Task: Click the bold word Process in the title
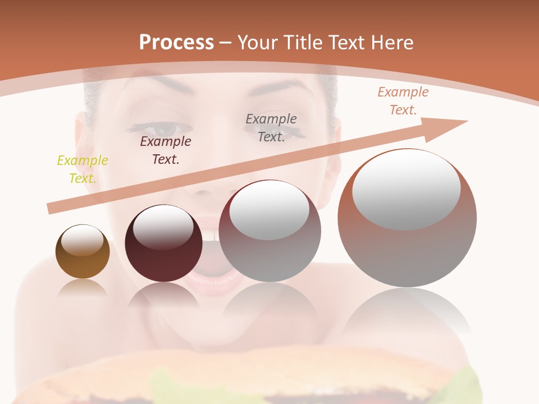pyautogui.click(x=176, y=42)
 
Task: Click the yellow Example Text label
pyautogui.click(x=83, y=169)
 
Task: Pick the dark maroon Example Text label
pyautogui.click(x=166, y=150)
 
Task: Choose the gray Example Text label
pyautogui.click(x=271, y=127)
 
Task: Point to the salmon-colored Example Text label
pyautogui.click(x=403, y=101)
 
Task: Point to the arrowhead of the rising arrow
pyautogui.click(x=449, y=125)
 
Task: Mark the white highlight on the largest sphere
pyautogui.click(x=406, y=188)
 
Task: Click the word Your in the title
pyautogui.click(x=258, y=42)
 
